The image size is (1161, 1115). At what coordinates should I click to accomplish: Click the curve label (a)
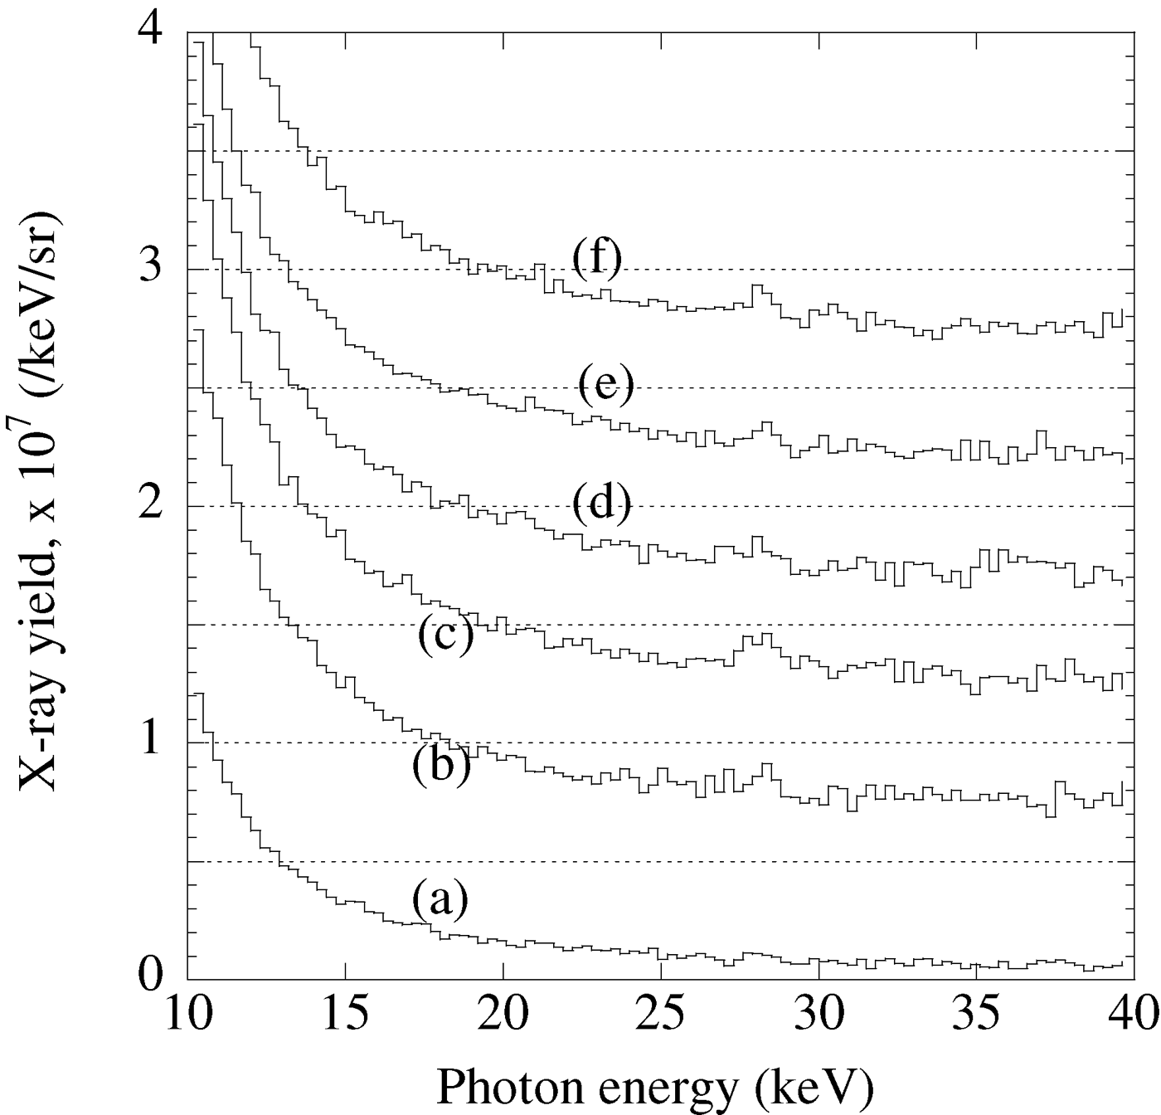(440, 900)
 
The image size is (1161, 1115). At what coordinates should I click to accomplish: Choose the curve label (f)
(597, 260)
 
